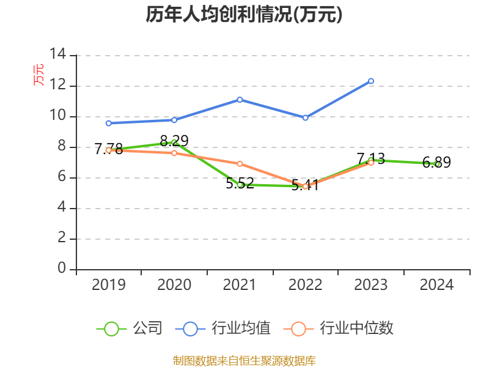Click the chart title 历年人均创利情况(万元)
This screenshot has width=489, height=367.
point(244,15)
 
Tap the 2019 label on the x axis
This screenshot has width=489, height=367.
point(108,284)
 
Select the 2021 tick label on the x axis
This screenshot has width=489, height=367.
point(240,284)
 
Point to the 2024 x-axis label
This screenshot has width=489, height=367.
point(436,284)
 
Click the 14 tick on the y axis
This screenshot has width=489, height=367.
point(58,54)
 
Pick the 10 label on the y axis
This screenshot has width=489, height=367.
point(58,116)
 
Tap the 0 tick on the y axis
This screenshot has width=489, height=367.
point(62,269)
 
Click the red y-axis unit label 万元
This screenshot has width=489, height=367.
point(39,75)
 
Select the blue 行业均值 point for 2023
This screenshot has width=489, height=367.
point(371,81)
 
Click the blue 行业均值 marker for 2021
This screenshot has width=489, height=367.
point(240,99)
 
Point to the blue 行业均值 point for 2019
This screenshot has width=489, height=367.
point(108,123)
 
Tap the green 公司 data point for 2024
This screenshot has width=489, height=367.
point(437,164)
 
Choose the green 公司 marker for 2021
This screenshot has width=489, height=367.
point(240,184)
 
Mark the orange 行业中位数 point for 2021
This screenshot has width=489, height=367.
point(240,163)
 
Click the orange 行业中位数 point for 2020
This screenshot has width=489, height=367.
point(174,153)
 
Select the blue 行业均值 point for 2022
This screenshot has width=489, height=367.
point(305,117)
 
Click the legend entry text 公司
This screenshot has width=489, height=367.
point(148,328)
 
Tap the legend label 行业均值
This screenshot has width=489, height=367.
point(241,328)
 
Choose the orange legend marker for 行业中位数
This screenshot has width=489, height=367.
point(298,328)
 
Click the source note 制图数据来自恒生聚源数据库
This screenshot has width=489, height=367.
point(244,360)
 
